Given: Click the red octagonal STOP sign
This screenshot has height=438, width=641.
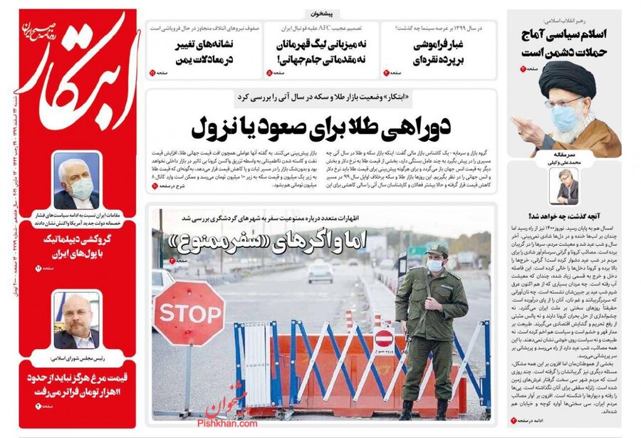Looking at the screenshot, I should (188, 313).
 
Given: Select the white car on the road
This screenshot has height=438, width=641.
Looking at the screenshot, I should (320, 271).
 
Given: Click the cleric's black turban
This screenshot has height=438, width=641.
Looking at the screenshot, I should (567, 78).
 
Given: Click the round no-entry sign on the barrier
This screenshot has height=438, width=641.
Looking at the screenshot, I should (384, 338).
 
